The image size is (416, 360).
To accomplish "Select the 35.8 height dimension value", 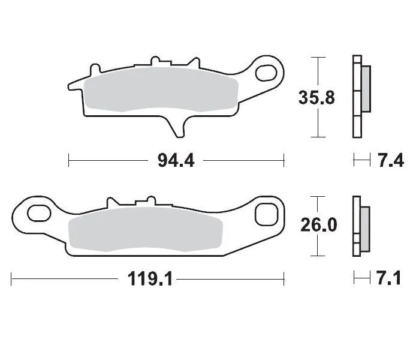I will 317,97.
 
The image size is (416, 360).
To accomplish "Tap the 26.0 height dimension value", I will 318,225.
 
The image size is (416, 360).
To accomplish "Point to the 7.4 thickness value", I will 390,160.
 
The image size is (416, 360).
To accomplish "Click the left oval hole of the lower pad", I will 38,213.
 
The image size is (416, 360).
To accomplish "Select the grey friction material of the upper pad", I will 162,90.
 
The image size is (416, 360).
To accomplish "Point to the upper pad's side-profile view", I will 360,96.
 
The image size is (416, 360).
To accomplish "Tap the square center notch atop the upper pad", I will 157,62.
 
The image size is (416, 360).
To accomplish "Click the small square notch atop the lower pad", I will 144,202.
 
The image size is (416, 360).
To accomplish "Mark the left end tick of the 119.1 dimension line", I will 11,278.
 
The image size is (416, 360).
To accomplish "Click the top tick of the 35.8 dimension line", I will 317,57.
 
